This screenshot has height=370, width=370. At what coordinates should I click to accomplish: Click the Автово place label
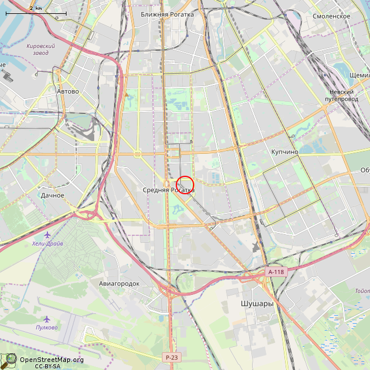coord(68,91)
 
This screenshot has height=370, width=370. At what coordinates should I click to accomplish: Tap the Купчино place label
coord(284,151)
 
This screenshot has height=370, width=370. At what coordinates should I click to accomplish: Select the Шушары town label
coord(257,303)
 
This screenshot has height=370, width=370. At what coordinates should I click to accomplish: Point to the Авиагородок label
coord(119,284)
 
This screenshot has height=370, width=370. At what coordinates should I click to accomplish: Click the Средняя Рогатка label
coord(168,190)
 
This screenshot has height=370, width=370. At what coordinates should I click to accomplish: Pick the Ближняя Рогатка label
coord(167,14)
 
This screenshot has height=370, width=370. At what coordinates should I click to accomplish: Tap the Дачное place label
coord(53,195)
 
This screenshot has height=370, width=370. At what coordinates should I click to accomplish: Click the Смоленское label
coord(331,16)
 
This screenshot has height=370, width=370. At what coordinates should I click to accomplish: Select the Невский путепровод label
coord(342,95)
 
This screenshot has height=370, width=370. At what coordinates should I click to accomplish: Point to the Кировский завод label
coord(40,49)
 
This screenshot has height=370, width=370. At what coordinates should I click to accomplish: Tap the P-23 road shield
coord(170,357)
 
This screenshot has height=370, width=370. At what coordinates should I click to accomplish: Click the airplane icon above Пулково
coord(47,319)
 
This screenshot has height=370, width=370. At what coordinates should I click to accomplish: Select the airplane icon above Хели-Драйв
coord(47,235)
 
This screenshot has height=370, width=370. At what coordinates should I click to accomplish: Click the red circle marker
coord(184,185)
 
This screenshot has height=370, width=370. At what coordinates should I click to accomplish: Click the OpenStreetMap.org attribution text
coord(52,360)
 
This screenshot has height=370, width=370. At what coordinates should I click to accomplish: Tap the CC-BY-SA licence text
coord(47,367)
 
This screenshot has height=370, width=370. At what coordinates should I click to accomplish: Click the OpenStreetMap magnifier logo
coord(9,361)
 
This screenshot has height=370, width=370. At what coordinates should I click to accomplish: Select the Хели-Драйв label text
coord(48,243)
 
